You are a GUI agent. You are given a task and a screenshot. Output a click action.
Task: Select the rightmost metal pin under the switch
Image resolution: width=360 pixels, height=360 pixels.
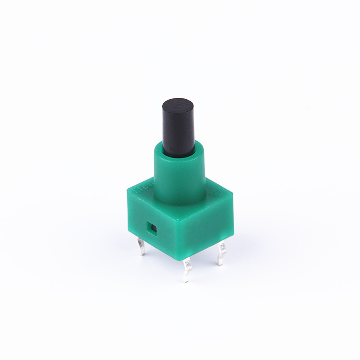click(221, 253)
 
